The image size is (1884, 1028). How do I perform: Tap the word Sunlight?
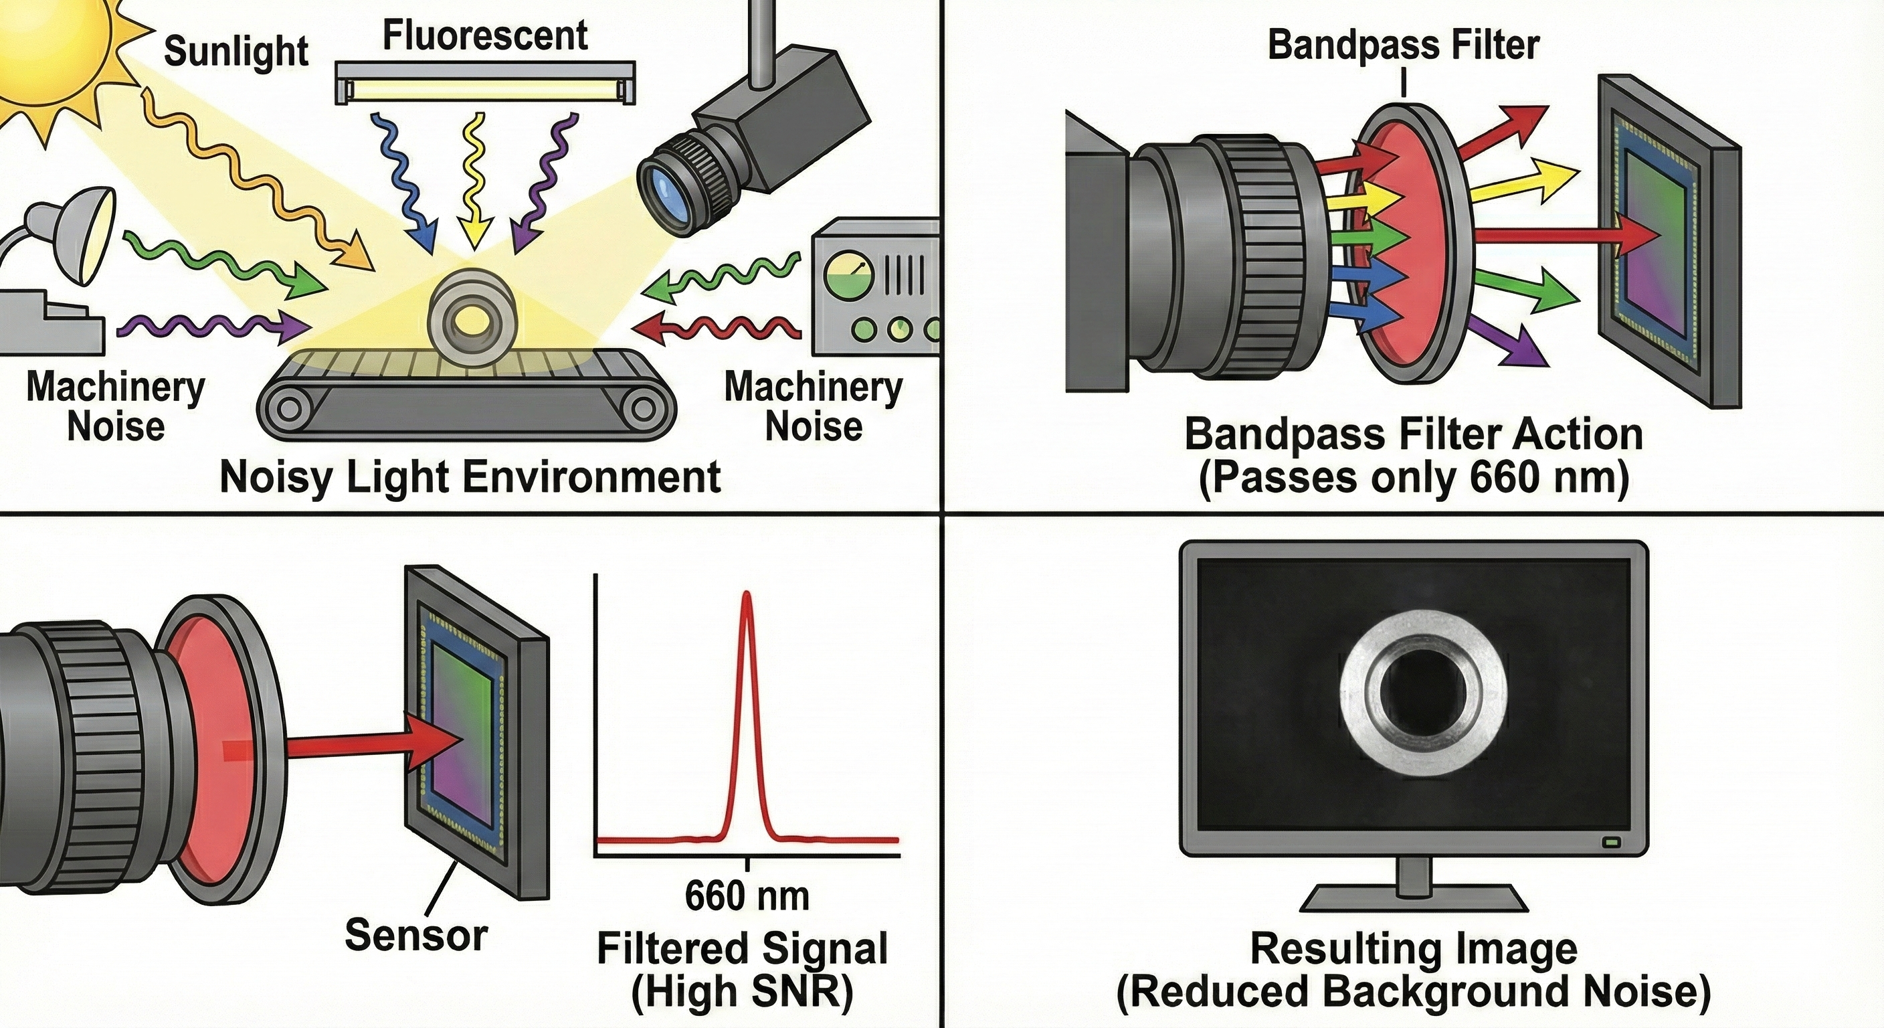(x=235, y=52)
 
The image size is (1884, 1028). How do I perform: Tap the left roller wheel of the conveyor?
(x=288, y=407)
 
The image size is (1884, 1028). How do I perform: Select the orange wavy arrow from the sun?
(x=249, y=175)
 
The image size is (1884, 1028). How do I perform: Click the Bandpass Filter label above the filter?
(x=1403, y=46)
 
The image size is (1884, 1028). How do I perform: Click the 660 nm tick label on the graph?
(x=747, y=896)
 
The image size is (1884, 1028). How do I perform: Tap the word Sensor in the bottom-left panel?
(x=415, y=935)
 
